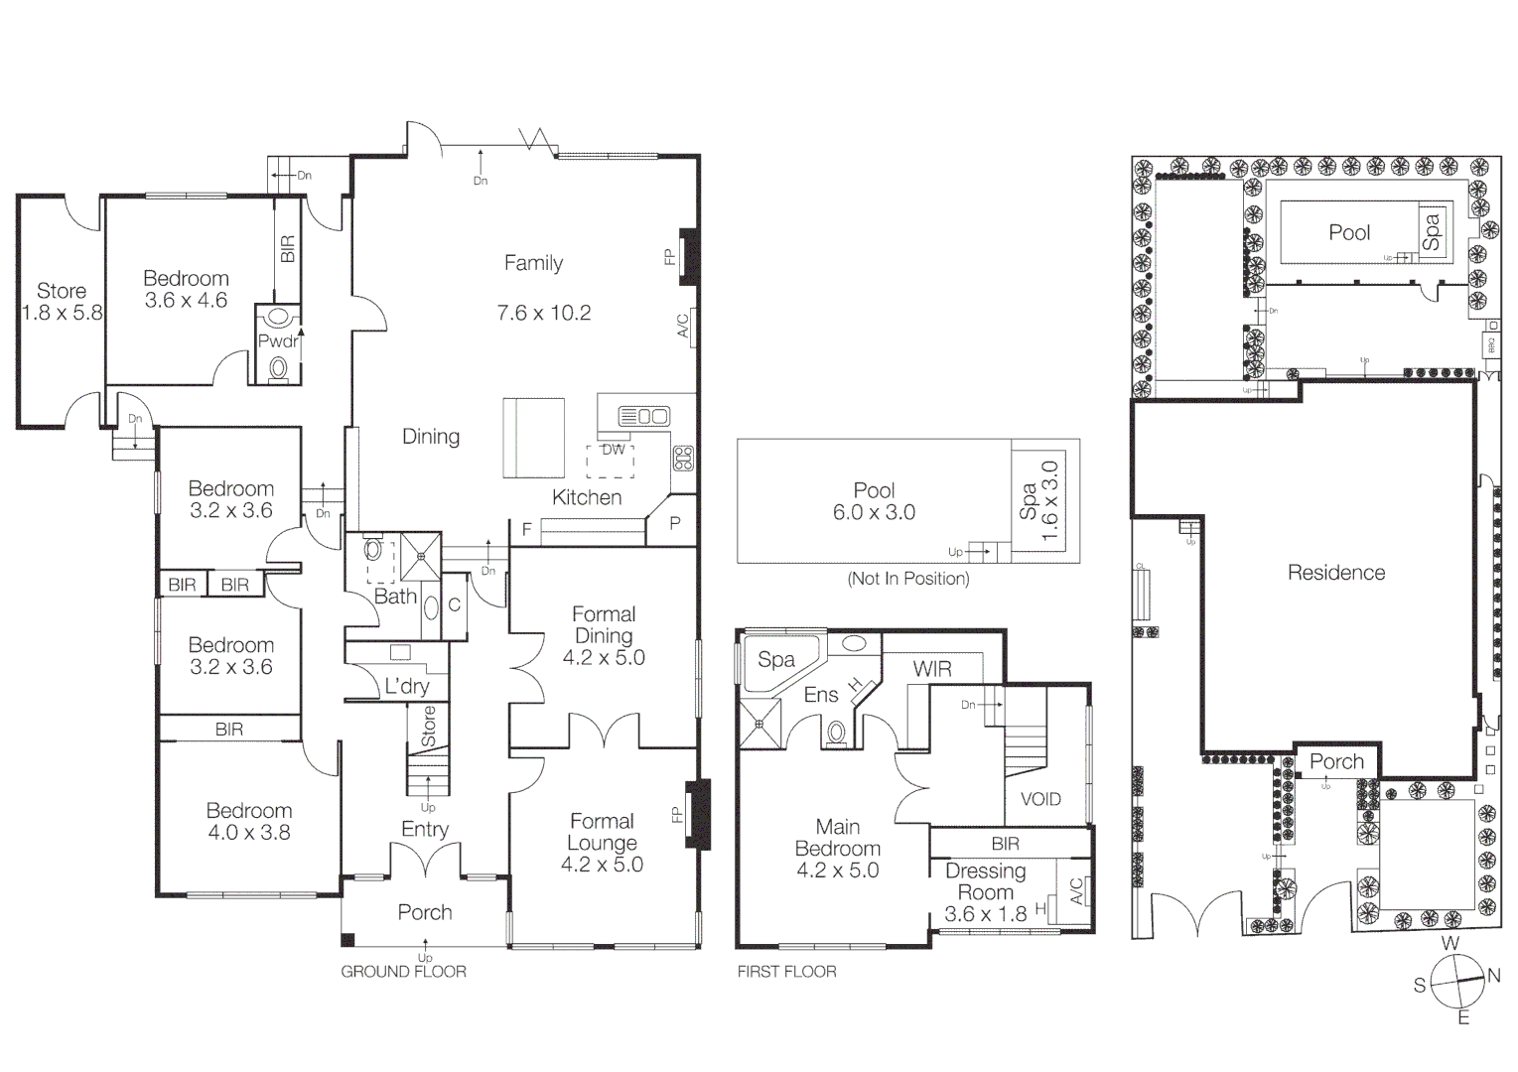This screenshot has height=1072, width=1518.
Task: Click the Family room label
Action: click(533, 263)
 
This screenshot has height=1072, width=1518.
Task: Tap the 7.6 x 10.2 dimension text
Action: click(544, 313)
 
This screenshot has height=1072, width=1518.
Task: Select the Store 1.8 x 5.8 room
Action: click(62, 302)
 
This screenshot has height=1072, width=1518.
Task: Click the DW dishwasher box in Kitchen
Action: click(614, 450)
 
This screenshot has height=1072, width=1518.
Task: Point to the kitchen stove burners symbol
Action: click(683, 458)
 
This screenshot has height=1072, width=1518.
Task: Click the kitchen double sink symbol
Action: click(643, 416)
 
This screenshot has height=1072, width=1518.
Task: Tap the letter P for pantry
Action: click(675, 523)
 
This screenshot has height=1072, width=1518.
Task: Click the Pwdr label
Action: click(277, 341)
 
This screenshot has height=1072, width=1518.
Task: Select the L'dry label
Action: click(407, 686)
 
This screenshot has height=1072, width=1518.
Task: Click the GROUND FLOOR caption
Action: click(403, 972)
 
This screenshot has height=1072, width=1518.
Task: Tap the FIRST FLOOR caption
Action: click(786, 972)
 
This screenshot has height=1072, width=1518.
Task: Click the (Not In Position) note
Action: click(907, 579)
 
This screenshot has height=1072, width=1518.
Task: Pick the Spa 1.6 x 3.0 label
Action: click(1039, 502)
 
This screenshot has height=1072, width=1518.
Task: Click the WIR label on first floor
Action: click(932, 669)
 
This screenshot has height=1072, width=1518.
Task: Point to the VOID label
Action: click(1040, 799)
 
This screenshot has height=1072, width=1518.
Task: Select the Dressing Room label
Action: click(985, 881)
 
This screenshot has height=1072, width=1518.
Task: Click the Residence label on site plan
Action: click(1335, 573)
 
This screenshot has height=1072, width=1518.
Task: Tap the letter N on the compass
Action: click(1493, 976)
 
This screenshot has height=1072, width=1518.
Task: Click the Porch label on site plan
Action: click(1336, 761)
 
